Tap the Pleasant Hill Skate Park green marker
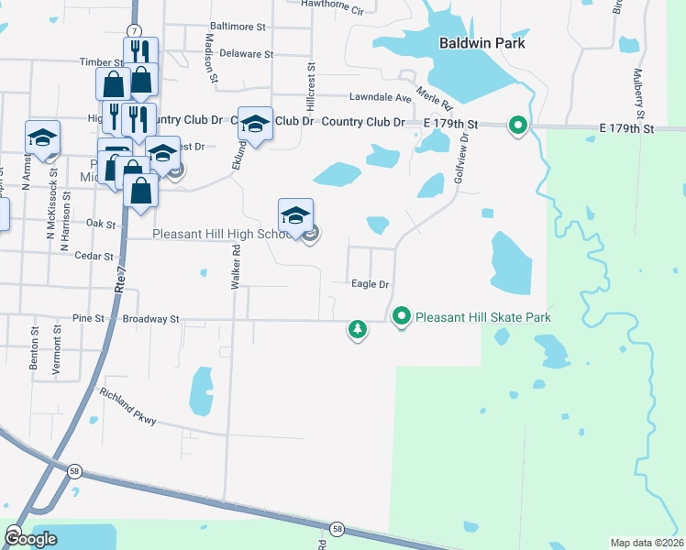(402, 317)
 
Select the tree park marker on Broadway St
(357, 328)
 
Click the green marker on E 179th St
(517, 126)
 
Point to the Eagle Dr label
(371, 284)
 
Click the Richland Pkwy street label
(131, 408)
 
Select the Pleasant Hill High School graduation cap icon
(295, 216)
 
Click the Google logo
(30, 539)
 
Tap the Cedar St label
(95, 257)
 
